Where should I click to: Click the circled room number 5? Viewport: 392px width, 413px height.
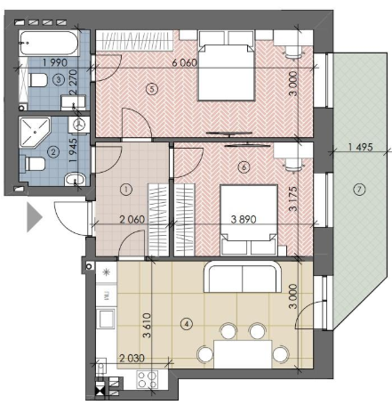click(x=152, y=89)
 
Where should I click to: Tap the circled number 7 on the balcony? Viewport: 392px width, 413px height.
click(x=359, y=190)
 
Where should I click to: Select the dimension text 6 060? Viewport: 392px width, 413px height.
click(x=185, y=63)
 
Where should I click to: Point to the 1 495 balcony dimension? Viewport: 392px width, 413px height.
click(x=360, y=147)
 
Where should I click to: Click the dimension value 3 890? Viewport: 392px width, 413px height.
click(x=244, y=219)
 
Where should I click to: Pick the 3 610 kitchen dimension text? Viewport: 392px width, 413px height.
click(x=147, y=326)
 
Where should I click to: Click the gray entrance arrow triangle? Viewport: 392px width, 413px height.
click(x=35, y=217)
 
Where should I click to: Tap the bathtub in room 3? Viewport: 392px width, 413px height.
click(x=49, y=44)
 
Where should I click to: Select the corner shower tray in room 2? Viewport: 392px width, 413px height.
click(x=35, y=133)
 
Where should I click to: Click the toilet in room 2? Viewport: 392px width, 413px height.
click(x=35, y=164)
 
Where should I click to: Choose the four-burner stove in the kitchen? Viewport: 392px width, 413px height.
click(x=148, y=379)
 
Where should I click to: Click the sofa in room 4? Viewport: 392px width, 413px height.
click(x=243, y=277)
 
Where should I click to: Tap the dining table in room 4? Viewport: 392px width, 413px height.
click(x=243, y=354)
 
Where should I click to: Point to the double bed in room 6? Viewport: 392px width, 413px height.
click(x=249, y=220)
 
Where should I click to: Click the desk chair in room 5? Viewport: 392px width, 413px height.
click(x=293, y=53)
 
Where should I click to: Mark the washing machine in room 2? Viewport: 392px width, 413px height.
click(x=79, y=125)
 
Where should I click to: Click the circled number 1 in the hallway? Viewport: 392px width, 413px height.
click(x=126, y=190)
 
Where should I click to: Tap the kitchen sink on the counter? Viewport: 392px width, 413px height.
click(x=107, y=319)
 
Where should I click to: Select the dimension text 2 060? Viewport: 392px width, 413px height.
click(x=132, y=220)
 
